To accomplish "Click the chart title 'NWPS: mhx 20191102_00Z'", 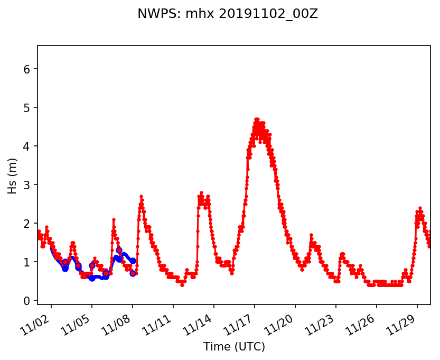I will tap(228, 14).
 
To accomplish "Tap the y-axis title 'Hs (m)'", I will tap(12, 175).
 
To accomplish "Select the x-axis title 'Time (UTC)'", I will tap(234, 347).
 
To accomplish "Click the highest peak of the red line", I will tap(257, 119).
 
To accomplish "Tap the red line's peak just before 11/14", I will tap(201, 193).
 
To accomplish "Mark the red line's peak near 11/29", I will tap(420, 208).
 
